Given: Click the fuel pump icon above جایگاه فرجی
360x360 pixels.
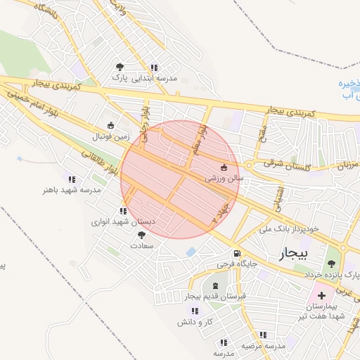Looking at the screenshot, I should click(x=237, y=253).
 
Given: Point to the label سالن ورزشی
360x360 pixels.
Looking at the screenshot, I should click(x=224, y=179).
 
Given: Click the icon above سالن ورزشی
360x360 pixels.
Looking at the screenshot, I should click(x=224, y=167).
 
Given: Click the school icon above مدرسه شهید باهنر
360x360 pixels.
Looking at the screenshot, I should click(x=69, y=179).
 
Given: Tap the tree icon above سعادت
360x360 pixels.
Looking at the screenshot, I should click(x=141, y=235).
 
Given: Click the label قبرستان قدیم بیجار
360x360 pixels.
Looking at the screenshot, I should click(x=213, y=297).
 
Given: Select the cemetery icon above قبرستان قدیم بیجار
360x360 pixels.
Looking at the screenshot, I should click(x=214, y=285).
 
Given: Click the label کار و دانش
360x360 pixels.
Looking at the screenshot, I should click(x=195, y=321).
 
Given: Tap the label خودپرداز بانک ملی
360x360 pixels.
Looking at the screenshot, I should click(x=289, y=229).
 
